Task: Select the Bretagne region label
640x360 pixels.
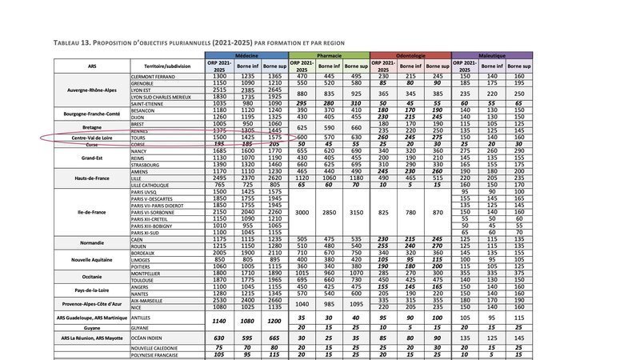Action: point(91,128)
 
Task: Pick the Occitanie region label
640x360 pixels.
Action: point(91,274)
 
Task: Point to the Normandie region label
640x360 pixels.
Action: point(91,242)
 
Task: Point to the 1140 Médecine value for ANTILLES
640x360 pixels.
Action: point(219,319)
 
